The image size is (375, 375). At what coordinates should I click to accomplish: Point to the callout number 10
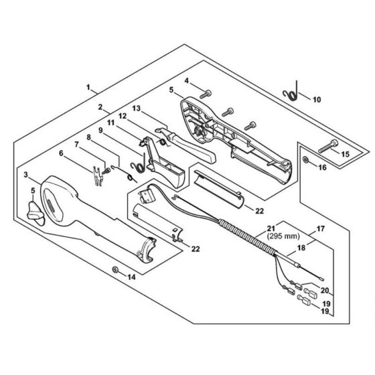point(317,99)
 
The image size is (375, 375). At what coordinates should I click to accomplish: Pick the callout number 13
point(136,108)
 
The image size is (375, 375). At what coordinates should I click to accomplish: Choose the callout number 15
point(346,155)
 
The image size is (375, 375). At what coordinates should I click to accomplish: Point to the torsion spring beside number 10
point(295,92)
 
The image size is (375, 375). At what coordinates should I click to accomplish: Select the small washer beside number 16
point(305,161)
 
